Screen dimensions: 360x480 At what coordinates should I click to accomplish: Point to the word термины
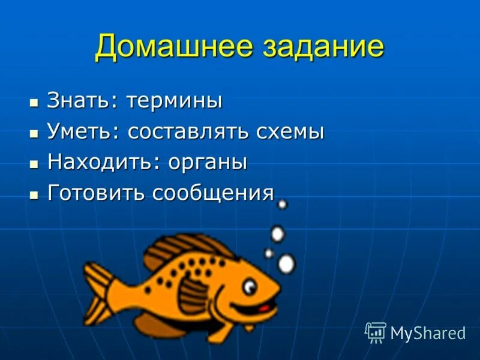tap(174, 100)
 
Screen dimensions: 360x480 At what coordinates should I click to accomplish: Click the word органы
tap(208, 162)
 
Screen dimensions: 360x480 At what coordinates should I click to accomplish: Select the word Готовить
tap(96, 193)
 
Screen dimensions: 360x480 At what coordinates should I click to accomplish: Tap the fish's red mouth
tap(263, 307)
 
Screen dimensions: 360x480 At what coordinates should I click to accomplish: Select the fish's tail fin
tap(100, 294)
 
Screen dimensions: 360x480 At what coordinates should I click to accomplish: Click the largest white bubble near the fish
tap(287, 263)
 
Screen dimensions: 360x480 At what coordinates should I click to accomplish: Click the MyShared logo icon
tap(376, 332)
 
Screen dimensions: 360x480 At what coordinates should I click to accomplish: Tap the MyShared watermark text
tap(428, 333)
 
